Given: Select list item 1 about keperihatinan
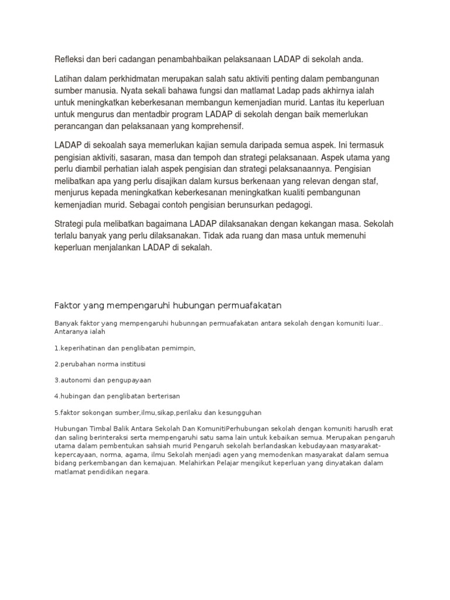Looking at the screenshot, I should click(x=124, y=348).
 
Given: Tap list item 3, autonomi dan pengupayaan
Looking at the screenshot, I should click(x=103, y=380).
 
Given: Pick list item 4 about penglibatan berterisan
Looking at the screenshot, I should click(x=117, y=396).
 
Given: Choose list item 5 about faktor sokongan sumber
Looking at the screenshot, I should click(x=158, y=412).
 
